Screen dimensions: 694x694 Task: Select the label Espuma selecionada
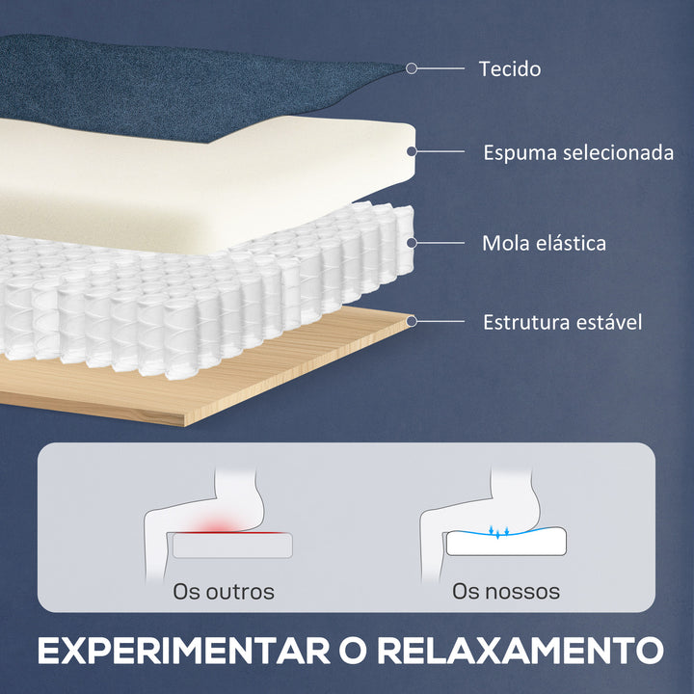[577, 152]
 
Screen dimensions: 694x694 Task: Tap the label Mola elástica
[544, 242]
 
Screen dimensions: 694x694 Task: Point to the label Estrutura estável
[562, 321]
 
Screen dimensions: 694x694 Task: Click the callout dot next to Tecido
[412, 68]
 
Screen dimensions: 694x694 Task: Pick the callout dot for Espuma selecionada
[412, 152]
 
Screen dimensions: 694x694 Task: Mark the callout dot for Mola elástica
[412, 242]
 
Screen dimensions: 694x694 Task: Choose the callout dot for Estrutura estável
[412, 321]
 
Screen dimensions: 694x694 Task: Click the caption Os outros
[224, 591]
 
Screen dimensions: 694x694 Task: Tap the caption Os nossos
[506, 591]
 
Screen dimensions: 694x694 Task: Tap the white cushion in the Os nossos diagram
[506, 544]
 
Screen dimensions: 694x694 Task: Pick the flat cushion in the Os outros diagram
[233, 547]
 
